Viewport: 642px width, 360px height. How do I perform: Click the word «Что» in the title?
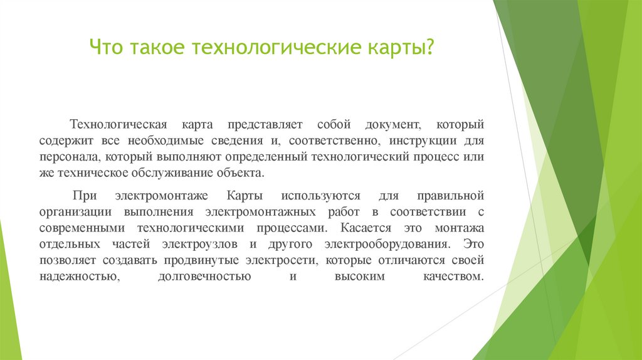107,48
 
